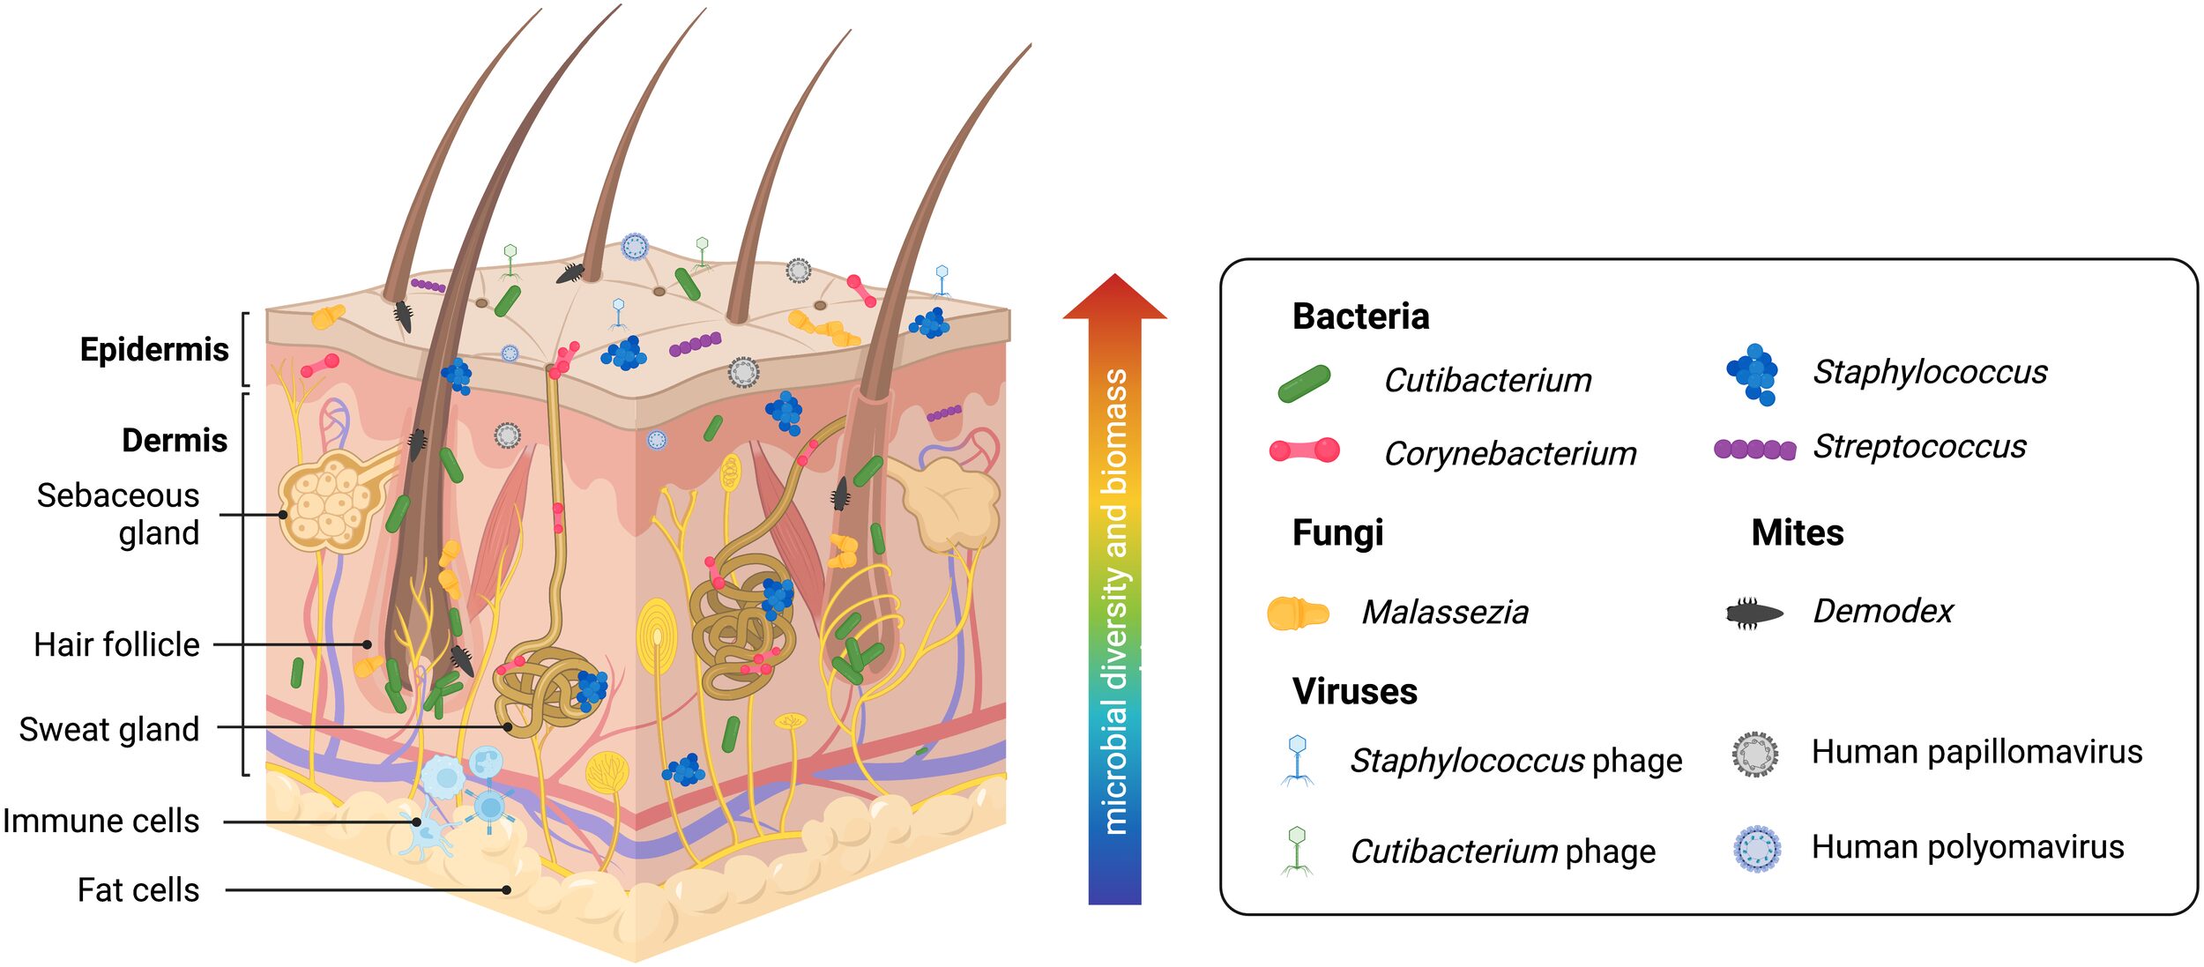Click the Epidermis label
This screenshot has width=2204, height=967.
coord(154,350)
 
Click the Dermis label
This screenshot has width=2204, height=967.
coord(175,440)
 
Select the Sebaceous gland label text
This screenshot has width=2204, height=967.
coord(118,514)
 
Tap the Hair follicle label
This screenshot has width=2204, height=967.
coord(116,644)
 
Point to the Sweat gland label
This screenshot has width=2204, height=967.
coord(109,729)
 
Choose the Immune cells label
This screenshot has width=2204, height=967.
coord(101,821)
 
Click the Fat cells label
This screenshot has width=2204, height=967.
coord(138,889)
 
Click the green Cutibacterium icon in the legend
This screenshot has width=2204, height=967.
coord(1304,383)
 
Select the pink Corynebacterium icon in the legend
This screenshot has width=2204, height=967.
coord(1304,450)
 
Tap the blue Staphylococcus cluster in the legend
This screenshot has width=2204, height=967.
coord(1754,374)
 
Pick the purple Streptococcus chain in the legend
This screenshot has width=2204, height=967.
coord(1754,449)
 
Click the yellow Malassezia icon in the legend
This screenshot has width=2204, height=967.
coord(1297,613)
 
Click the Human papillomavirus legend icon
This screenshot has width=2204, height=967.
coord(1754,755)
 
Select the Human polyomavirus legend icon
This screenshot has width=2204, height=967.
coord(1756,848)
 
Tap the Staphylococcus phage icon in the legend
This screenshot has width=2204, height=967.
coord(1297,760)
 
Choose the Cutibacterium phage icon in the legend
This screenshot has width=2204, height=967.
coord(1297,851)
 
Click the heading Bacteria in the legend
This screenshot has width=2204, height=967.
coord(1360,316)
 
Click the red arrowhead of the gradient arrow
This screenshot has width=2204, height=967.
coord(1114,298)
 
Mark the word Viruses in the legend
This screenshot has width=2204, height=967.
coord(1354,691)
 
